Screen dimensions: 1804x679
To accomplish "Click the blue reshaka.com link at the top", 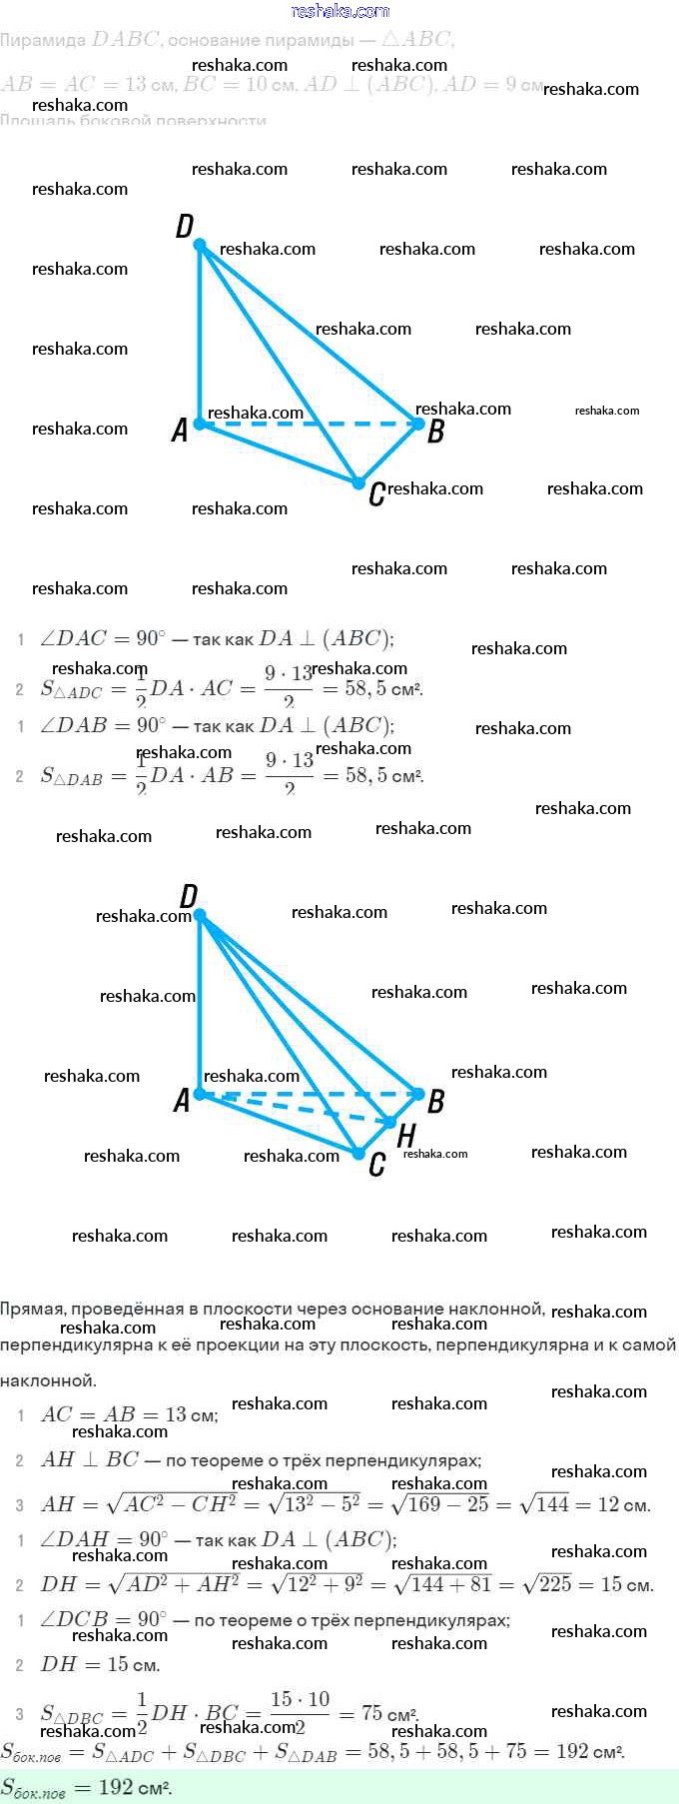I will [x=339, y=11].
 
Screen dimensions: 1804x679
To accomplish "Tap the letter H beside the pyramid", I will [x=406, y=1136].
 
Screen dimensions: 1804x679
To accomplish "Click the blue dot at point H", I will [x=390, y=1123].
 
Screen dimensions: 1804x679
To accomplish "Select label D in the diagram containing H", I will [x=188, y=896].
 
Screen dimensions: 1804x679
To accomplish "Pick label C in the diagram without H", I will [x=376, y=493].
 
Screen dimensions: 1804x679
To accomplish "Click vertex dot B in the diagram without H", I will [x=418, y=424].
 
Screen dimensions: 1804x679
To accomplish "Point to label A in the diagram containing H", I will [x=181, y=1100].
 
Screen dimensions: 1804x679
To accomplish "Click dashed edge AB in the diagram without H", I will [x=310, y=424].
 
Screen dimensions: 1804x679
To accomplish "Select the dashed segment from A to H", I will [x=295, y=1108].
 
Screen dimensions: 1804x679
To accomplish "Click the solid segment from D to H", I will [x=295, y=1018].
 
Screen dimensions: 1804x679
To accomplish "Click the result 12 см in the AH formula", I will [x=624, y=1504].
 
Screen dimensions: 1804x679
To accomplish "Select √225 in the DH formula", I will [x=544, y=1584].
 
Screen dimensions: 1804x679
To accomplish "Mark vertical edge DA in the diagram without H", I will [x=200, y=335].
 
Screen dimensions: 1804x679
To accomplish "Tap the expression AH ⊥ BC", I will [x=90, y=1460].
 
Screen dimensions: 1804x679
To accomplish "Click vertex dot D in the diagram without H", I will [x=200, y=245].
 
